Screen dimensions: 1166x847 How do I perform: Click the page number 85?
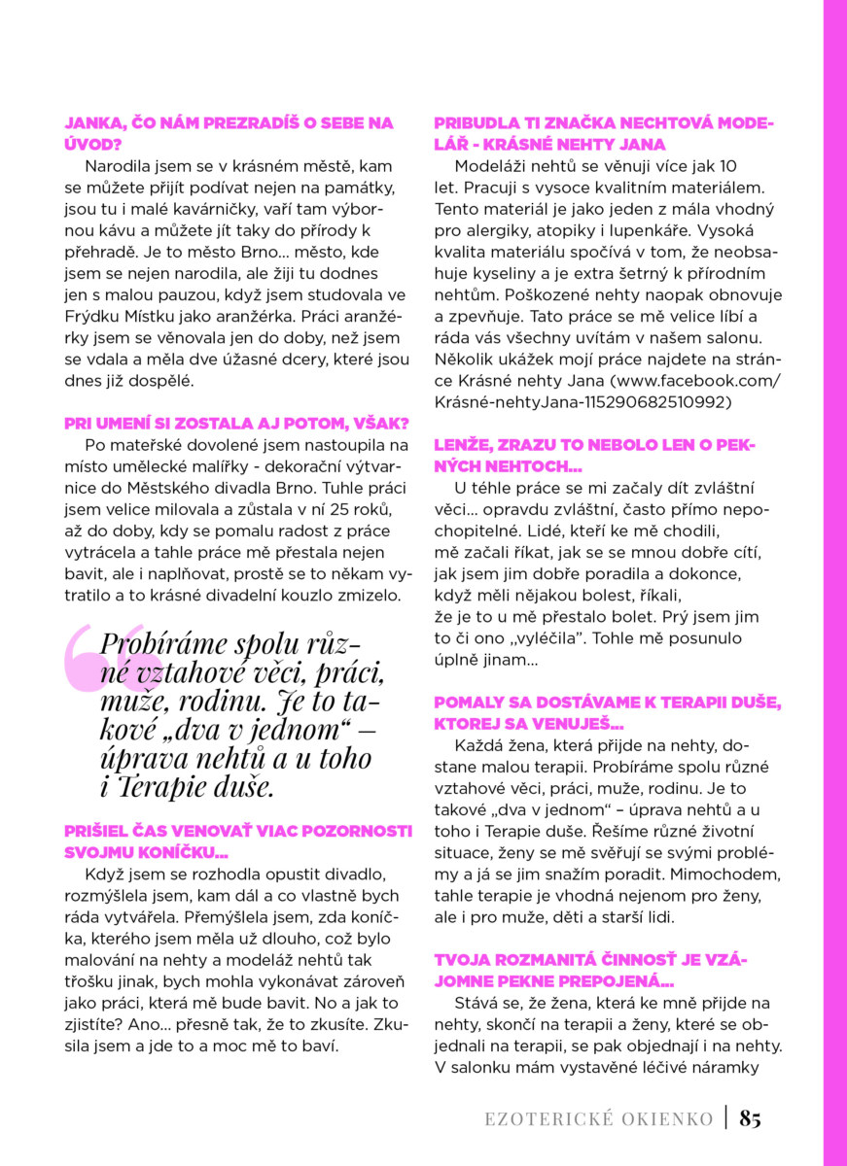[750, 1118]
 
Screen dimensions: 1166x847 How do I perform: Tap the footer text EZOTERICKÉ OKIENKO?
[599, 1119]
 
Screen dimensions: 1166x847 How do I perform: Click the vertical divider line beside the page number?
[725, 1118]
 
